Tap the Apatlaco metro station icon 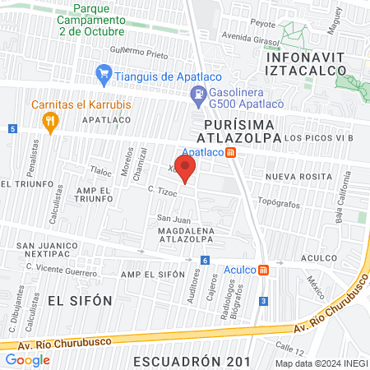pyautogui.click(x=232, y=152)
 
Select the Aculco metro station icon pyautogui.click(x=263, y=270)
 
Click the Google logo pyautogui.click(x=27, y=360)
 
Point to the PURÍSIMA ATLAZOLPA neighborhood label pyautogui.click(x=243, y=130)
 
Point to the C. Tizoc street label pyautogui.click(x=164, y=192)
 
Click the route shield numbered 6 pyautogui.click(x=203, y=261)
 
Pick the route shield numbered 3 pyautogui.click(x=262, y=301)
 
